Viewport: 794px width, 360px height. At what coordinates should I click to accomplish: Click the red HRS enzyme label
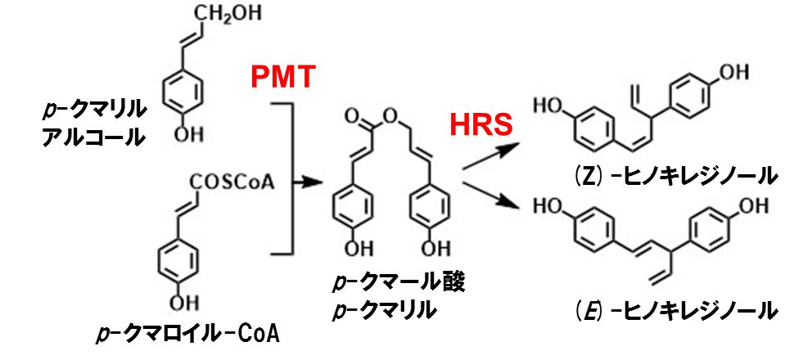click(x=482, y=124)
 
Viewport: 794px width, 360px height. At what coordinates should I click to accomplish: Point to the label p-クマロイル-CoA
click(x=187, y=335)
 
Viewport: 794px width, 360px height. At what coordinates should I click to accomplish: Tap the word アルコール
click(x=92, y=137)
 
